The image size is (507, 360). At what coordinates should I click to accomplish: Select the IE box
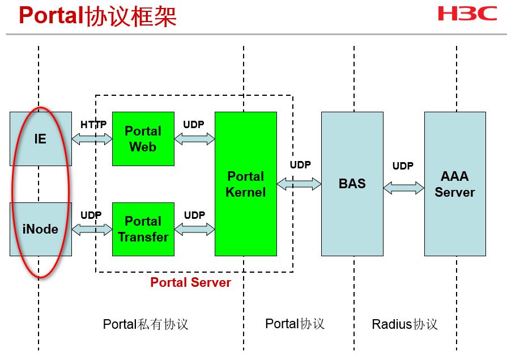pos(41,138)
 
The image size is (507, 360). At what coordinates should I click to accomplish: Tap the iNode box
pos(41,229)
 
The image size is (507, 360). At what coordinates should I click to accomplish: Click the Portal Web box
pos(143,139)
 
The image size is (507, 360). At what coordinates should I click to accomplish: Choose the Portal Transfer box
pos(143,229)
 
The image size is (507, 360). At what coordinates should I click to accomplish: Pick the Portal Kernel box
pos(245,184)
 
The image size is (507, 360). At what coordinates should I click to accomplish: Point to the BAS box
pos(352,184)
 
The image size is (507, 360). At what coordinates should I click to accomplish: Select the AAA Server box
pos(455,184)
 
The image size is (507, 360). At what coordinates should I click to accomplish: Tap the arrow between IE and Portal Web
pos(92,139)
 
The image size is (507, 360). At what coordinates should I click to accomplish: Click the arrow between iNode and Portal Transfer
pos(92,229)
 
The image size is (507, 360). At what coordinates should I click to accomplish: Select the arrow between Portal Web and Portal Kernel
pos(194,139)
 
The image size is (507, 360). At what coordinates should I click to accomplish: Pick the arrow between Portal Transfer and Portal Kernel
pos(194,229)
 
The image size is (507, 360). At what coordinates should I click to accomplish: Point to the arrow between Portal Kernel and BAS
pos(299,184)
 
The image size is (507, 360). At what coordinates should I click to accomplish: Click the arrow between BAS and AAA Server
pos(403,187)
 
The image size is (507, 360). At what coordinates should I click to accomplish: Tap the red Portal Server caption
pos(190,282)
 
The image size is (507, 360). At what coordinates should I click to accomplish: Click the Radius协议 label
pos(404,324)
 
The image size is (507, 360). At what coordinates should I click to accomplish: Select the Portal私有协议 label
pos(146,324)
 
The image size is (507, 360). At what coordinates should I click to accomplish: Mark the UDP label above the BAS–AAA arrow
pos(403,166)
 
